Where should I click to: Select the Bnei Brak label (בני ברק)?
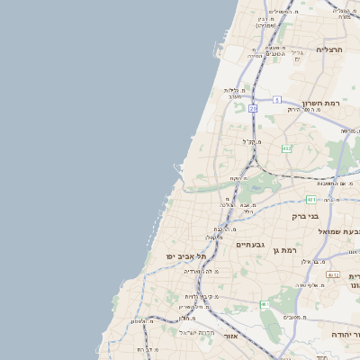tap(306, 216)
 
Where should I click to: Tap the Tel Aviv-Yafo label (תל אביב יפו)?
tap(186, 256)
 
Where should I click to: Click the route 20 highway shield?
tap(254, 108)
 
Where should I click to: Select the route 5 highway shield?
tap(278, 99)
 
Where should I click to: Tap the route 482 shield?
tap(286, 148)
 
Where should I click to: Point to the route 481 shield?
tap(310, 200)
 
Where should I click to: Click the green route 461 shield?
tap(265, 306)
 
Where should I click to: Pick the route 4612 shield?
tap(333, 275)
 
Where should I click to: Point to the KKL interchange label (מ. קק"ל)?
tap(252, 140)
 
